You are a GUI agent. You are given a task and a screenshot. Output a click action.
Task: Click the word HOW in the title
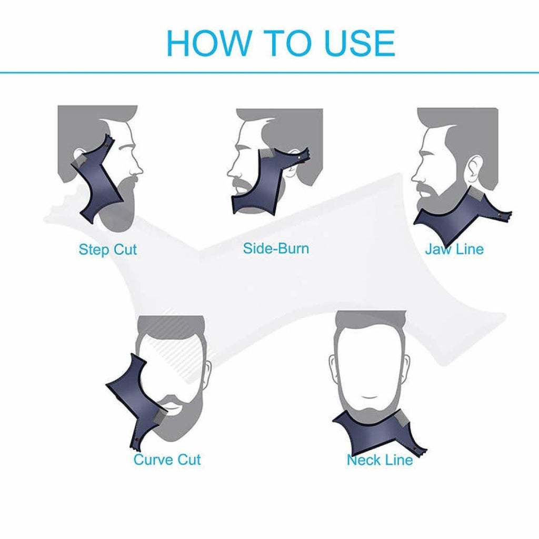click(208, 43)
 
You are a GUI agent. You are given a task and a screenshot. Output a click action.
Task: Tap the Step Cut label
click(107, 249)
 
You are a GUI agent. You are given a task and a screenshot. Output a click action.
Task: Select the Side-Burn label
click(276, 248)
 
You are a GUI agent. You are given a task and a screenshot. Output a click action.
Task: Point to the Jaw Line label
click(454, 249)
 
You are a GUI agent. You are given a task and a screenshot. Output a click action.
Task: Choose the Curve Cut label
click(167, 460)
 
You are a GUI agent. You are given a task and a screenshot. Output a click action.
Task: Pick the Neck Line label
click(380, 460)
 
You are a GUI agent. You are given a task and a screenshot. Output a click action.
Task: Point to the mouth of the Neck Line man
click(369, 396)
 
